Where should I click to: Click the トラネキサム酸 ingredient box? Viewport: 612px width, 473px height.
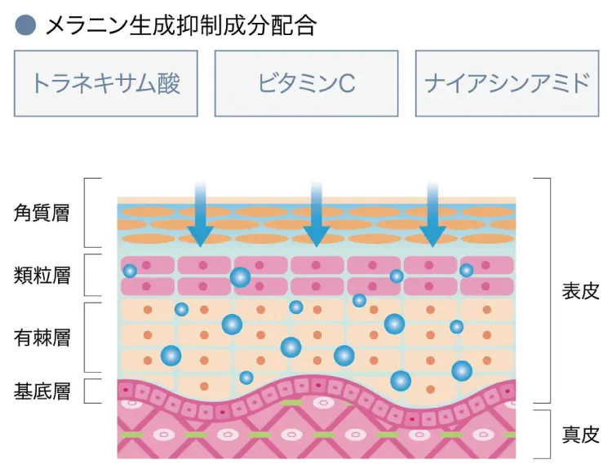[105, 83]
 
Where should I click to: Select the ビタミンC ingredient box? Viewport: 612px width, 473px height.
[306, 83]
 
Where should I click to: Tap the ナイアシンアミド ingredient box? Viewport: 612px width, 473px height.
[507, 83]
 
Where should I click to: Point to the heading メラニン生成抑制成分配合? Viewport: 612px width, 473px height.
[180, 25]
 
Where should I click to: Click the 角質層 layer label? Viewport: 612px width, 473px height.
[42, 214]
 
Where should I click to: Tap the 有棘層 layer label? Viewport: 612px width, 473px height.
[42, 337]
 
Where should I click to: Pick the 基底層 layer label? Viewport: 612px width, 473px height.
[42, 391]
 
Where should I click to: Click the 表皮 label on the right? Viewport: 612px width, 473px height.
[581, 291]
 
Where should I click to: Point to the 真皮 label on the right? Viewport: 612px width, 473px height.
[581, 434]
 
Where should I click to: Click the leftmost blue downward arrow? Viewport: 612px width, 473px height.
[197, 214]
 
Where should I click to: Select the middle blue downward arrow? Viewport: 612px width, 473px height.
[315, 214]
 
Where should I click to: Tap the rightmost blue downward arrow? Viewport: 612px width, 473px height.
[433, 214]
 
